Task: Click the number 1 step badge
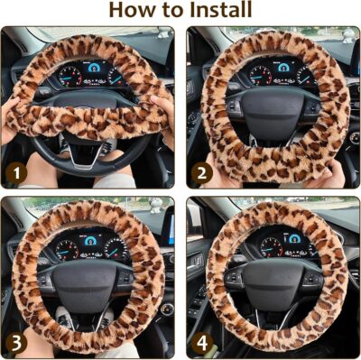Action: coord(14,171)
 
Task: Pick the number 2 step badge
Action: coord(199,171)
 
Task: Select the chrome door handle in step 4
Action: coord(199,263)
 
